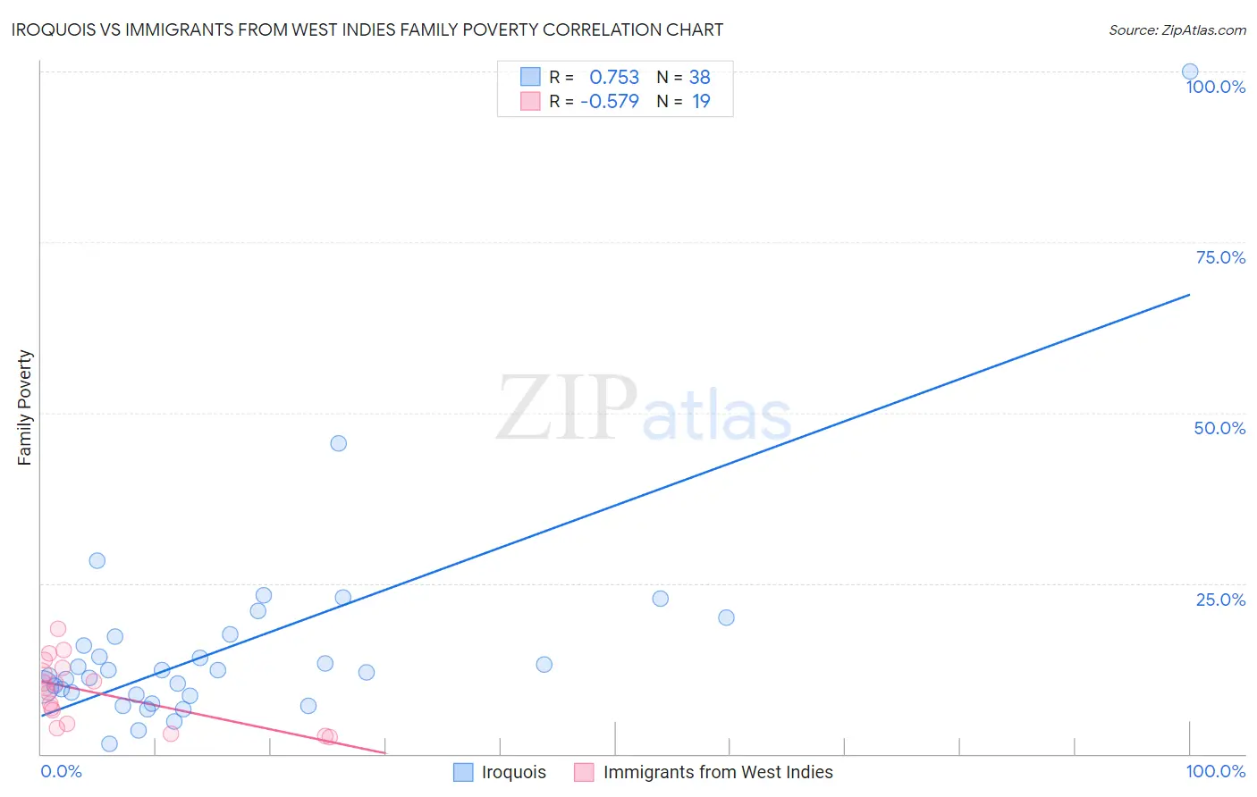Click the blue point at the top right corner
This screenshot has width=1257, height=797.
1189,71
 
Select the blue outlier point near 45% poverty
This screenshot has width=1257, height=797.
338,443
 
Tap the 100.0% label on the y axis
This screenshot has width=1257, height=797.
1215,87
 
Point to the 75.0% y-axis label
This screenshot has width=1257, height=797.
1220,257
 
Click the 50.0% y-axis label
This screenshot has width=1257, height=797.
1219,428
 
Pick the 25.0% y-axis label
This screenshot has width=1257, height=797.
1220,600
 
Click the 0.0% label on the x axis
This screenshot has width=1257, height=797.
61,771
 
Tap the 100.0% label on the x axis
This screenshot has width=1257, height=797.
1215,771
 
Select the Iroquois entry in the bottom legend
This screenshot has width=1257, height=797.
513,772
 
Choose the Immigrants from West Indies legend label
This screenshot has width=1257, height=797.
717,772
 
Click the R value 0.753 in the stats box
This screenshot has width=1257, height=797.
614,77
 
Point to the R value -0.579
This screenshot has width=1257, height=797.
610,101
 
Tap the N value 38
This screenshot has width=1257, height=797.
699,77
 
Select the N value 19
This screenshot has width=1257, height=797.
701,101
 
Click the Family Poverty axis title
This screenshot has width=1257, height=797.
25,407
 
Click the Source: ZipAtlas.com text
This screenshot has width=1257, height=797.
1177,30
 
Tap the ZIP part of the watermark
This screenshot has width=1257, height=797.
566,408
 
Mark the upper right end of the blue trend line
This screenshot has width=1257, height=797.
1189,294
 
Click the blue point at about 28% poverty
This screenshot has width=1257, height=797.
97,560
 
